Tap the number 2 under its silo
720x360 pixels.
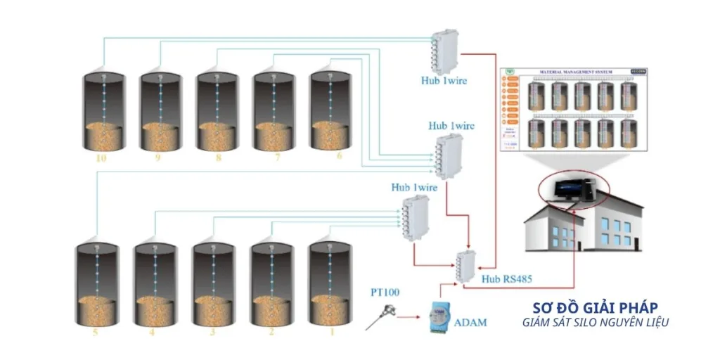tap(271, 330)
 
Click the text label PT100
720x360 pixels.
tap(385, 291)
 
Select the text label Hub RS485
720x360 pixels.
tap(507, 279)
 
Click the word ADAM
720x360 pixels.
tap(470, 322)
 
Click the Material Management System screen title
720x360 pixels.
tap(576, 72)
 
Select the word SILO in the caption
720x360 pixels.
tap(594, 322)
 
